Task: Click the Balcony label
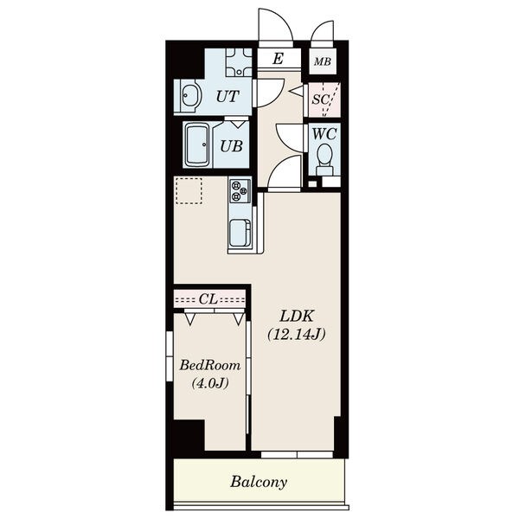[259, 482]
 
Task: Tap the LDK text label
[296, 317]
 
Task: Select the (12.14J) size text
[296, 335]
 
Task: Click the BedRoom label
[210, 365]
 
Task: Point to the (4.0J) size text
[210, 383]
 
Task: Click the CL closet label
[208, 299]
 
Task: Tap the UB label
[232, 146]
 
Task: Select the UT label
[227, 96]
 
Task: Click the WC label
[324, 134]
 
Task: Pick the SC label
[321, 99]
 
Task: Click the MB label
[323, 61]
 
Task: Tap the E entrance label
[278, 59]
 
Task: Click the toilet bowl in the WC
[324, 158]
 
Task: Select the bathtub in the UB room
[198, 145]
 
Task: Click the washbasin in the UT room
[189, 95]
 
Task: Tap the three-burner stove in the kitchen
[240, 191]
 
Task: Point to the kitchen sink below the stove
[240, 234]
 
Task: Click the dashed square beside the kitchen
[189, 190]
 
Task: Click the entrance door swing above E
[276, 25]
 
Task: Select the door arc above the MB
[323, 31]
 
